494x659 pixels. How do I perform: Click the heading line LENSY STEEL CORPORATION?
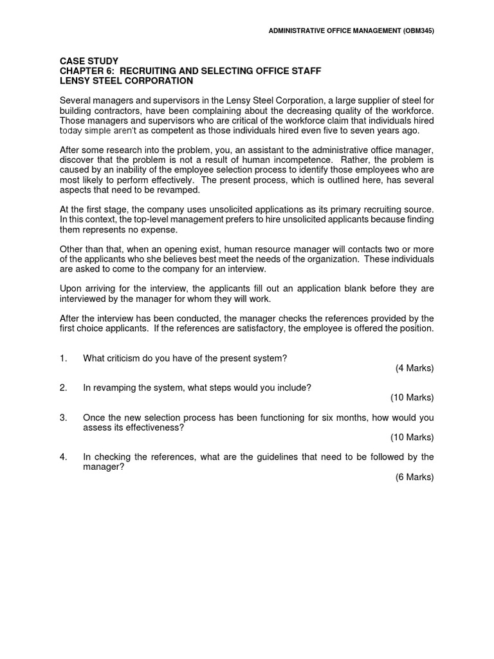point(126,80)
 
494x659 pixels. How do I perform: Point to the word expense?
point(158,230)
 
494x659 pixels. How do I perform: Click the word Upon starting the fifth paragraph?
point(71,289)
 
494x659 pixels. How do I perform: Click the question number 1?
point(63,358)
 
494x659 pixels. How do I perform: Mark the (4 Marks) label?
point(414,368)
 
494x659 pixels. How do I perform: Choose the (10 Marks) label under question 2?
point(412,397)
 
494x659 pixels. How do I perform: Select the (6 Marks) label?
point(414,477)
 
